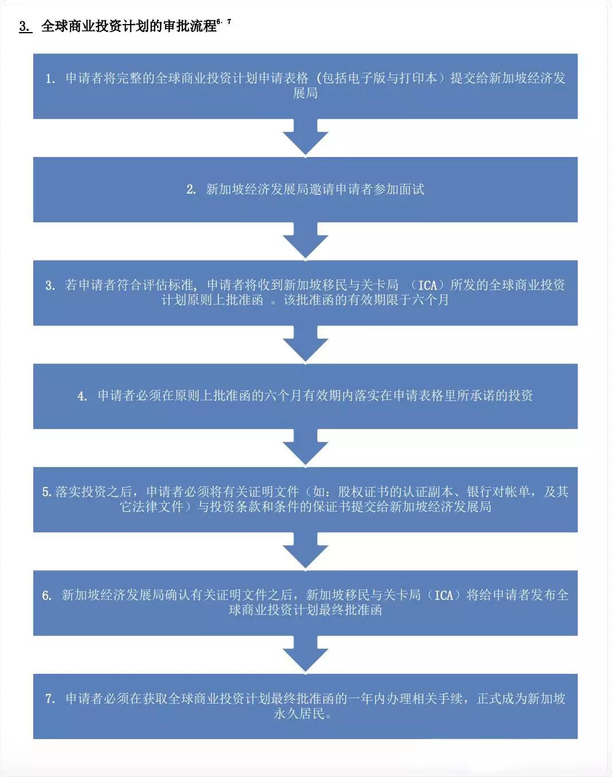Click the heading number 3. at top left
pyautogui.click(x=26, y=26)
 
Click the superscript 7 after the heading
pyautogui.click(x=229, y=22)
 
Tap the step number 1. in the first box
pyautogui.click(x=50, y=79)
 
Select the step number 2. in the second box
pyautogui.click(x=191, y=190)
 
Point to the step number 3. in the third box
pyautogui.click(x=50, y=285)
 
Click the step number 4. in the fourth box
pyautogui.click(x=83, y=396)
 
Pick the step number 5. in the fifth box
pyautogui.click(x=47, y=492)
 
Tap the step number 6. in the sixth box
pyautogui.click(x=47, y=595)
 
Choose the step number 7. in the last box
pyautogui.click(x=50, y=698)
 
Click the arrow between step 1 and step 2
pyautogui.click(x=305, y=138)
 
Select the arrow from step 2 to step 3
pyautogui.click(x=305, y=241)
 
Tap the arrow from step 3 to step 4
pyautogui.click(x=305, y=344)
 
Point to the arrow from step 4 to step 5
pyautogui.click(x=305, y=448)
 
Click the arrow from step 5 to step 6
pyautogui.click(x=305, y=551)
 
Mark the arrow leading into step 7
pyautogui.click(x=305, y=654)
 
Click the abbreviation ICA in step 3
pyautogui.click(x=427, y=285)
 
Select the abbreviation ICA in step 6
pyautogui.click(x=444, y=595)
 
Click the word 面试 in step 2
pyautogui.click(x=411, y=190)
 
